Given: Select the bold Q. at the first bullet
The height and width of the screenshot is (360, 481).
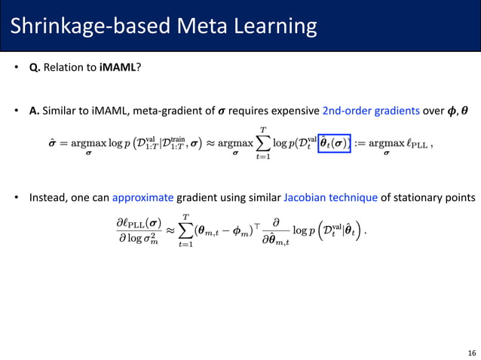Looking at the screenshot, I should coord(35,68).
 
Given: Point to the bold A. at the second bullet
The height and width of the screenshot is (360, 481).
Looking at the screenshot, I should coord(35,112).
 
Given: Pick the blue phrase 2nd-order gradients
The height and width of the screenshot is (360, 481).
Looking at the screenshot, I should coord(370,112).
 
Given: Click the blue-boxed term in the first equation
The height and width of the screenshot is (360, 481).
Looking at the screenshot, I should coord(334,141).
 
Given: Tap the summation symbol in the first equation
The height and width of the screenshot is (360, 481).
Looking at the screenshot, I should coord(263,142).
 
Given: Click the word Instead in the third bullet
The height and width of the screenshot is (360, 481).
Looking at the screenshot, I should coord(49,198).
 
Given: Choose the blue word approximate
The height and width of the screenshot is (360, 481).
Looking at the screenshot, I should coord(142,198).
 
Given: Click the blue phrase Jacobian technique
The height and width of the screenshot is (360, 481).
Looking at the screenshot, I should coord(331,198).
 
